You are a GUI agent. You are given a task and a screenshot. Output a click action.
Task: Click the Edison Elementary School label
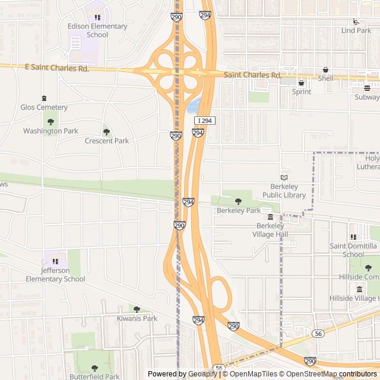point(97,30)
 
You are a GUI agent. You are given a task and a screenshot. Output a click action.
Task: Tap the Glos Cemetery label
point(44,107)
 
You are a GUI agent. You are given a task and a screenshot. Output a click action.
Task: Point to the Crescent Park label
point(107,141)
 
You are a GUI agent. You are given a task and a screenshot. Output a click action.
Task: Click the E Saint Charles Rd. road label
point(57,68)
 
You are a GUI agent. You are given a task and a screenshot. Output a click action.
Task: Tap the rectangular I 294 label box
point(204,121)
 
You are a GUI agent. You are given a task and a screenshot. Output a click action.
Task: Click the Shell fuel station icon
point(325,69)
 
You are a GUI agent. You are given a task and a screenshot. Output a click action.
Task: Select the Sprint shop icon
point(302,83)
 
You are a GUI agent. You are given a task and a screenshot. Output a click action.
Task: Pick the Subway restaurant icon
point(367,88)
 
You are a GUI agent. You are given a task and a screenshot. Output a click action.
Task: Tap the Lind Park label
point(356,30)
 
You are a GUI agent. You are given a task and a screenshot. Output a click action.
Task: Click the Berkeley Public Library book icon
point(284,178)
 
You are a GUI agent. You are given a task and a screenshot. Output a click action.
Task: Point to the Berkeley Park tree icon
point(238,201)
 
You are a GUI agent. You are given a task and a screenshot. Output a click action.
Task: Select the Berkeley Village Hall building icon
point(271,217)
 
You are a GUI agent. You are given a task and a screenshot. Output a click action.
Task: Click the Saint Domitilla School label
point(354,250)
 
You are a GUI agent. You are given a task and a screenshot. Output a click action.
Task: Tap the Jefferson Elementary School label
point(55,275)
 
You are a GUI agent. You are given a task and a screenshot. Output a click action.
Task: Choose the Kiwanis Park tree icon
point(137,309)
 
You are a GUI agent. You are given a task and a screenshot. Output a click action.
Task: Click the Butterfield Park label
point(94,376)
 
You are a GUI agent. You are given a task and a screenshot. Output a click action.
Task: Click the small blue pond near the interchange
point(194,107)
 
